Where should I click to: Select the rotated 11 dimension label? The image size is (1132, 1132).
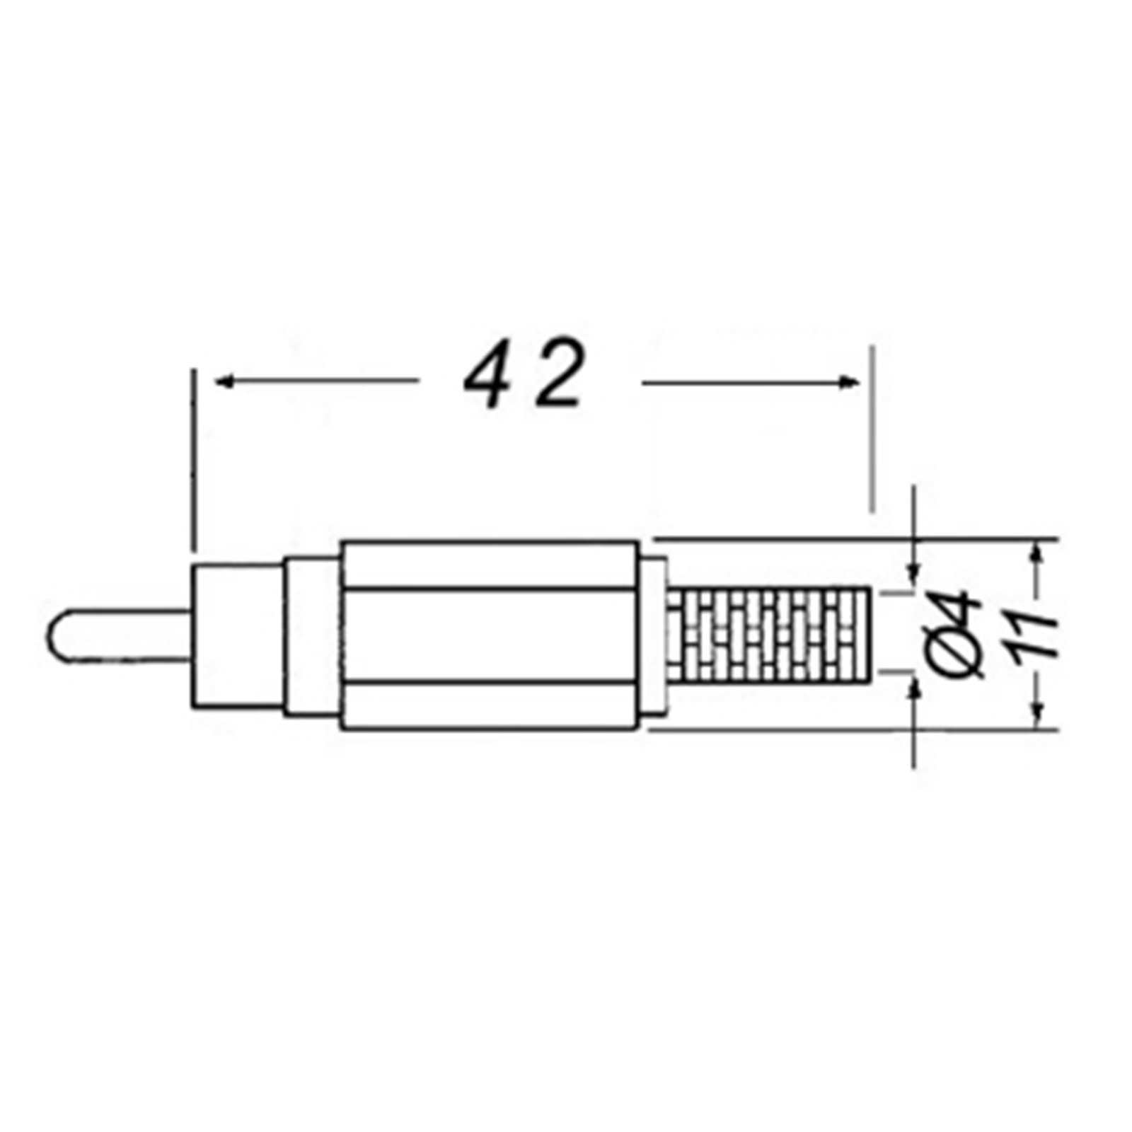click(x=1034, y=636)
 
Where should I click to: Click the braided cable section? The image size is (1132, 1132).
click(x=768, y=635)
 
